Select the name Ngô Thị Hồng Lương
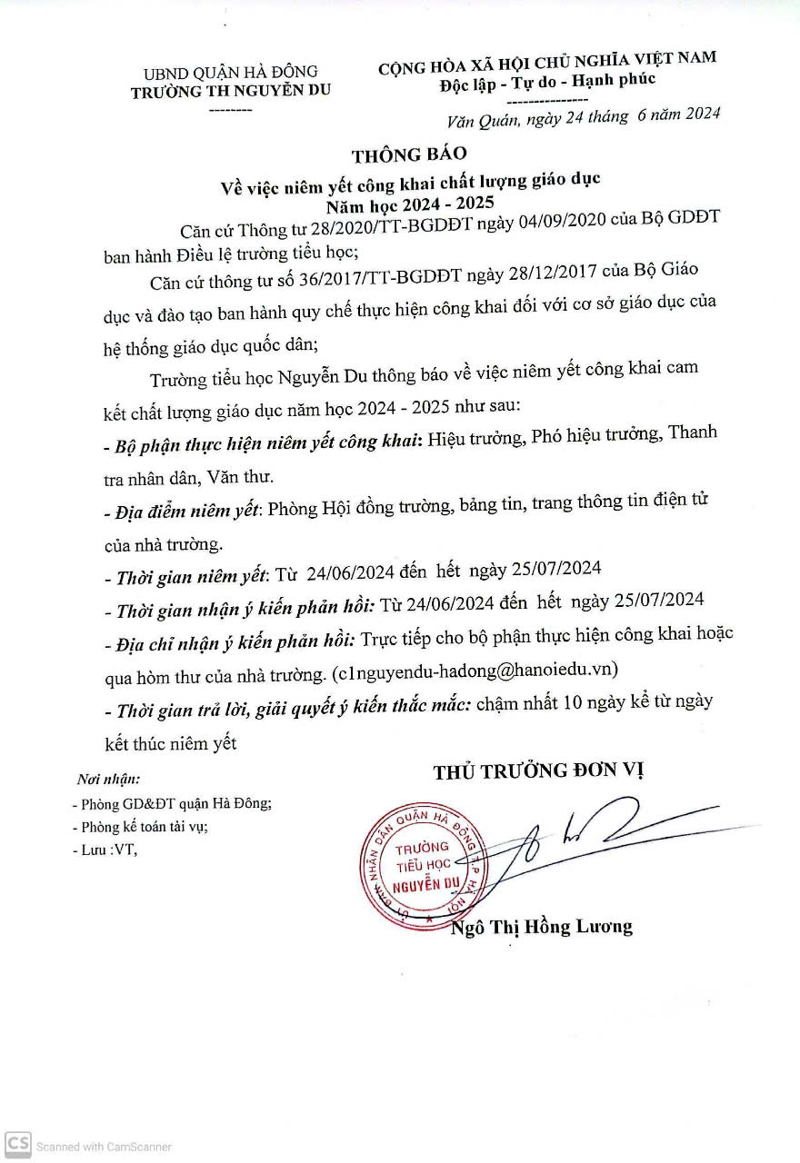coord(541,928)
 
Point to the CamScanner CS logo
coord(17,1145)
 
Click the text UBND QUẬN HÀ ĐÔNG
coord(231,71)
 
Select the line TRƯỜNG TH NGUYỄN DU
coord(231,90)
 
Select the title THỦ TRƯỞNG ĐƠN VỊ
coord(538,772)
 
